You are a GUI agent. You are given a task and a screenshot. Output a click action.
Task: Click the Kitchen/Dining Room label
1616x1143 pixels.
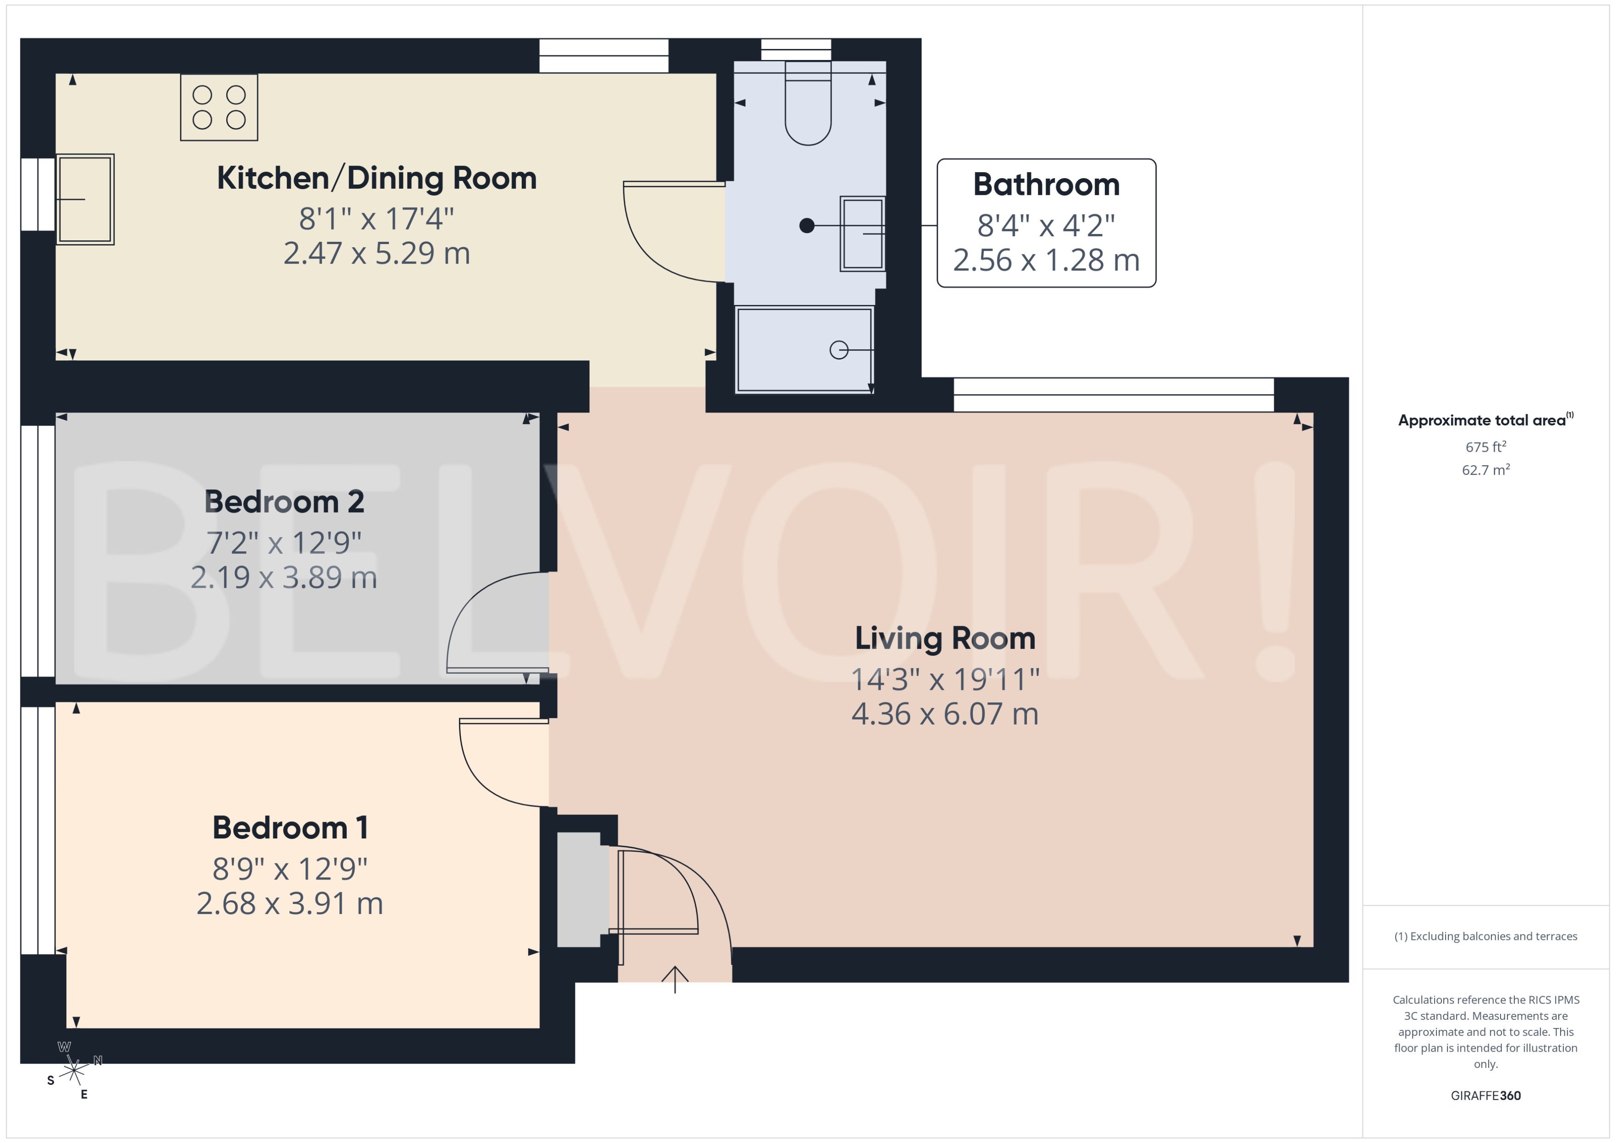click(377, 178)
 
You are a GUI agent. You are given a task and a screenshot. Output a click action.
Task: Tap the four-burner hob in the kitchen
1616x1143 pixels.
click(219, 108)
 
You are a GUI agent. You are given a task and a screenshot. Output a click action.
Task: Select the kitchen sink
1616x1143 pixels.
click(85, 199)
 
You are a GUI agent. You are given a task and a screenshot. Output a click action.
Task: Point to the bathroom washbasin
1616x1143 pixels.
click(862, 233)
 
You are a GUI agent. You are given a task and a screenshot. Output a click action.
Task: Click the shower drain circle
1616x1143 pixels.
click(838, 350)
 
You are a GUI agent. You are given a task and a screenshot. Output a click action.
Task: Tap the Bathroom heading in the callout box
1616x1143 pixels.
click(1046, 185)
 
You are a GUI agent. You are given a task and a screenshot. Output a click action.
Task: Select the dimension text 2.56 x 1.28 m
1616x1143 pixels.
click(1046, 260)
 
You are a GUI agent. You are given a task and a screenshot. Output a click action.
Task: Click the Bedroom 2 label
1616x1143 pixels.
click(284, 502)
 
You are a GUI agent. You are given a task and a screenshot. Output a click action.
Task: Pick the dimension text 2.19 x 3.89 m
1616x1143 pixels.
click(284, 578)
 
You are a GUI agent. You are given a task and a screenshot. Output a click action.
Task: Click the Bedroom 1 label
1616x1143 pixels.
click(290, 828)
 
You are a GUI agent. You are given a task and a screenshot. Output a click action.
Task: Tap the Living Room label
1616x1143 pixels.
click(945, 638)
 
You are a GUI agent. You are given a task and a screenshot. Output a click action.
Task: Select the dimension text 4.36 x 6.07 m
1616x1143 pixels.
click(945, 714)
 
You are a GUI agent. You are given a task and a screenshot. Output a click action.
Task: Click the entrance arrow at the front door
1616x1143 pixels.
click(675, 978)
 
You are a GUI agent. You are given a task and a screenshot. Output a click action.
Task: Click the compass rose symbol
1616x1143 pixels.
click(74, 1071)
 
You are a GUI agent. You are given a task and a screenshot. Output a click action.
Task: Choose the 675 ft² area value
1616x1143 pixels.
click(1486, 447)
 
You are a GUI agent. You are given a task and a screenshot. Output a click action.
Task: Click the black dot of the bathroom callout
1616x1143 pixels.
click(807, 225)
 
